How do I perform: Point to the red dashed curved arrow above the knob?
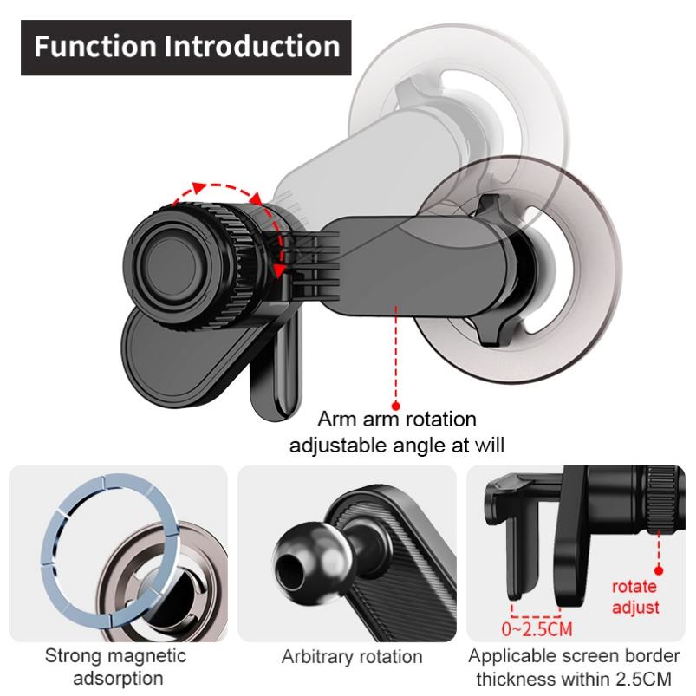[227, 189]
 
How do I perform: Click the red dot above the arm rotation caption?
[397, 404]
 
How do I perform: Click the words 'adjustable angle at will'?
[396, 446]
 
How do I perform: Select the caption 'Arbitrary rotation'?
[352, 656]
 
